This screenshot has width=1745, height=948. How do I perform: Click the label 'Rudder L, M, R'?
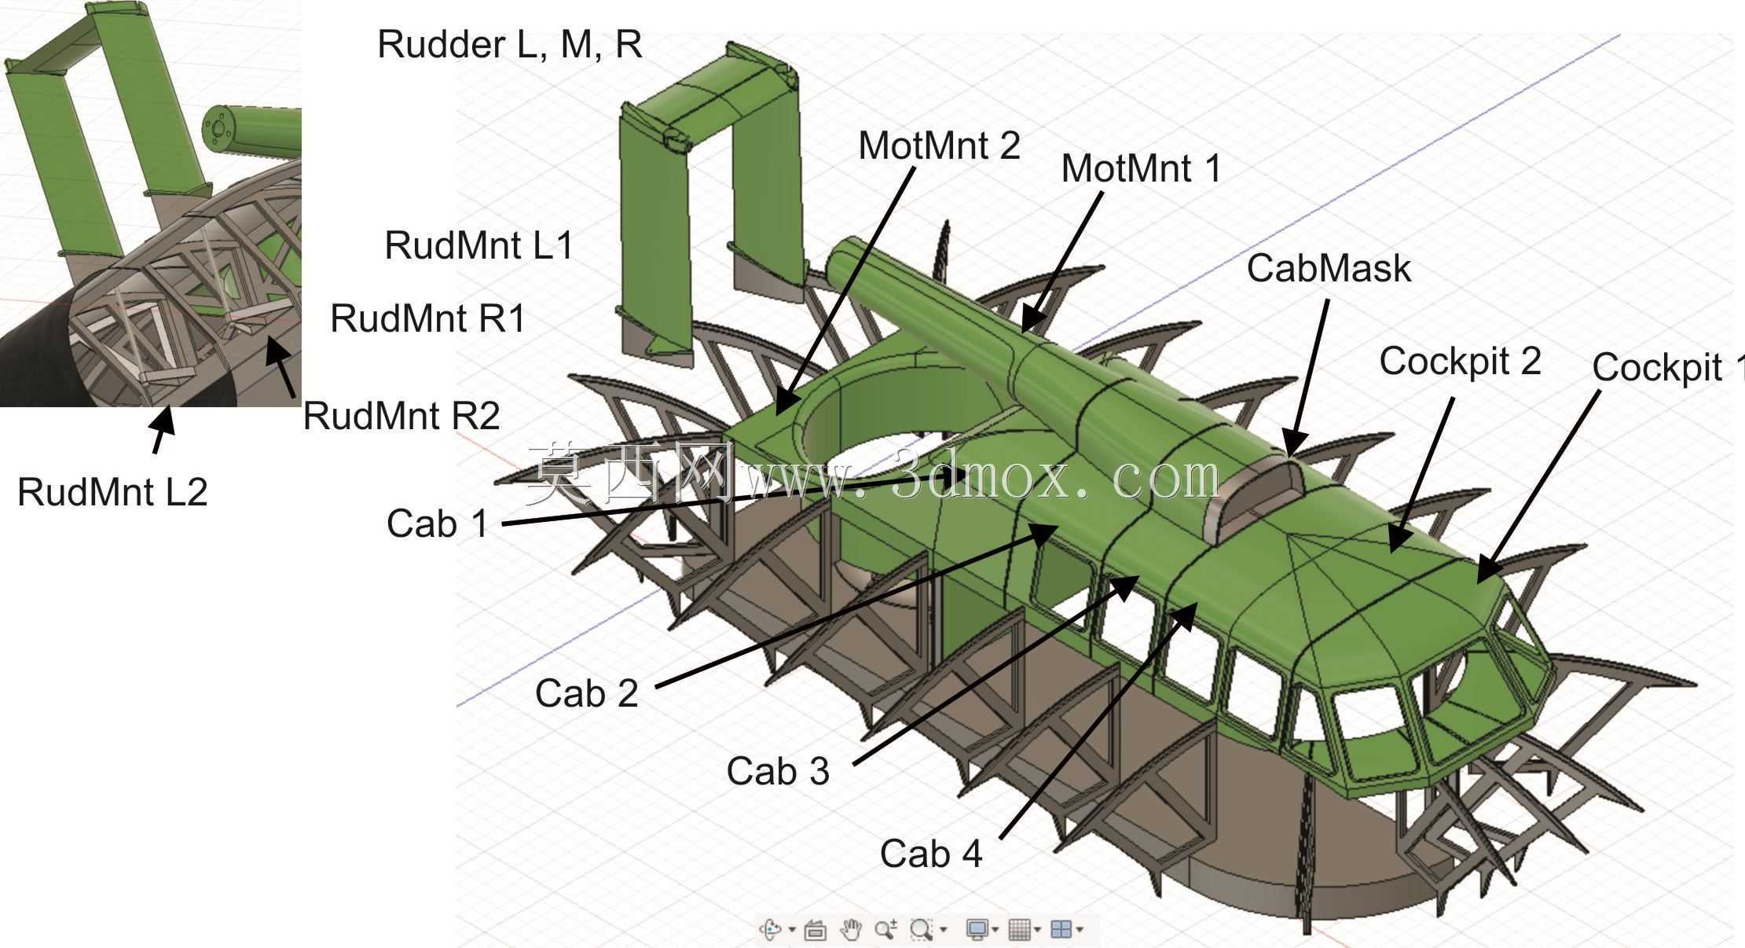pos(510,45)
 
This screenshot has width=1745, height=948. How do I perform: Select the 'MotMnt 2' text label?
pos(939,146)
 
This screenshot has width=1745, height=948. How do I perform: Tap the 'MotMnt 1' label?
pos(1142,169)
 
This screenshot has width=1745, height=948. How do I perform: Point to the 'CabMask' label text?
pos(1329,269)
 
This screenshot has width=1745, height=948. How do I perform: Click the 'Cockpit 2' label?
pos(1460,362)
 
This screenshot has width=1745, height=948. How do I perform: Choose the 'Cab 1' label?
pos(438,524)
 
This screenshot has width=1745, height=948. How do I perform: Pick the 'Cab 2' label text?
pos(587,694)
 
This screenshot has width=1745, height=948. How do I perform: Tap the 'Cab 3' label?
pos(778,772)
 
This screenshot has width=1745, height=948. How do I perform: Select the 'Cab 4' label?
pos(931,854)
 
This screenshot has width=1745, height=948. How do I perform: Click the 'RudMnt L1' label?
pos(479,247)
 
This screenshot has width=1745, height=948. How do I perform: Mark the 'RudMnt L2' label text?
pos(112,493)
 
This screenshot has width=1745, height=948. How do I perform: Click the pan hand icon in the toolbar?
pos(850,930)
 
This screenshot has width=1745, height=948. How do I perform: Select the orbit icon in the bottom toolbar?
pos(770,930)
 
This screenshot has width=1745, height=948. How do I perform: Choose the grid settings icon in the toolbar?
pos(1019,930)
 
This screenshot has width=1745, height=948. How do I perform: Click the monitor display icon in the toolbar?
pos(977,930)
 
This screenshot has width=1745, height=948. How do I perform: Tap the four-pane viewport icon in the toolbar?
pos(1061,930)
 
